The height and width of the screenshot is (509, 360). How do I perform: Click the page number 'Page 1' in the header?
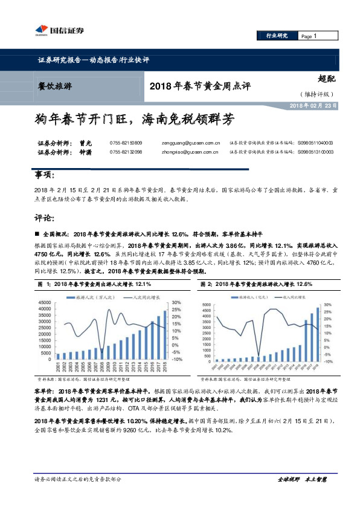pyautogui.click(x=309, y=37)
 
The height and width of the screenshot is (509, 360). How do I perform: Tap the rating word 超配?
pyautogui.click(x=326, y=79)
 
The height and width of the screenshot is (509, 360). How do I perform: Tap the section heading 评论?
pyautogui.click(x=43, y=218)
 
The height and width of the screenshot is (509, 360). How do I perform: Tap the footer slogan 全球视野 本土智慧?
pyautogui.click(x=302, y=479)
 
